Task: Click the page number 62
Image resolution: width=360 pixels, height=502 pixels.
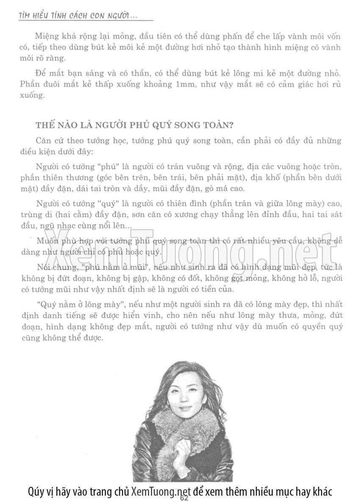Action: coord(184,498)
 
